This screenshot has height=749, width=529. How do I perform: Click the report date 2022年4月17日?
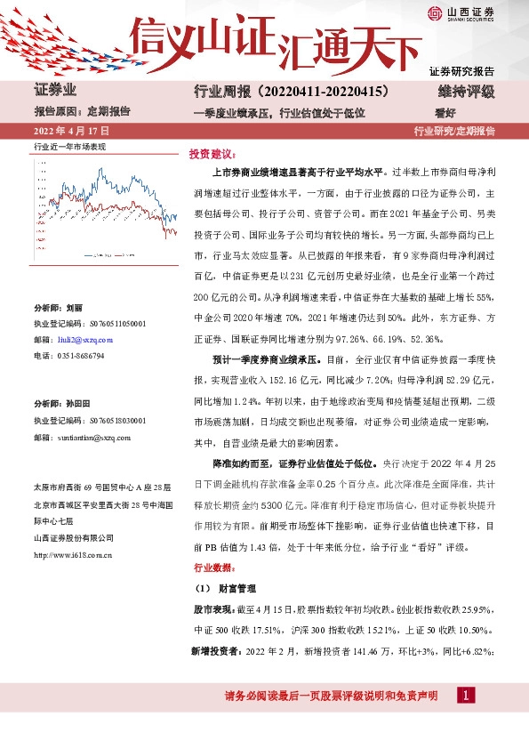(70, 132)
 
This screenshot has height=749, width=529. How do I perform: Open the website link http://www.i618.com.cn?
(72, 554)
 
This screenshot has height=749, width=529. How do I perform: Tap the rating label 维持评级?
(465, 93)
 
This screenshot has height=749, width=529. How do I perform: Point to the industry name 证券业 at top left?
(55, 92)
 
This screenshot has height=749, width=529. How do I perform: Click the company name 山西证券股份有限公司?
(74, 539)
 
